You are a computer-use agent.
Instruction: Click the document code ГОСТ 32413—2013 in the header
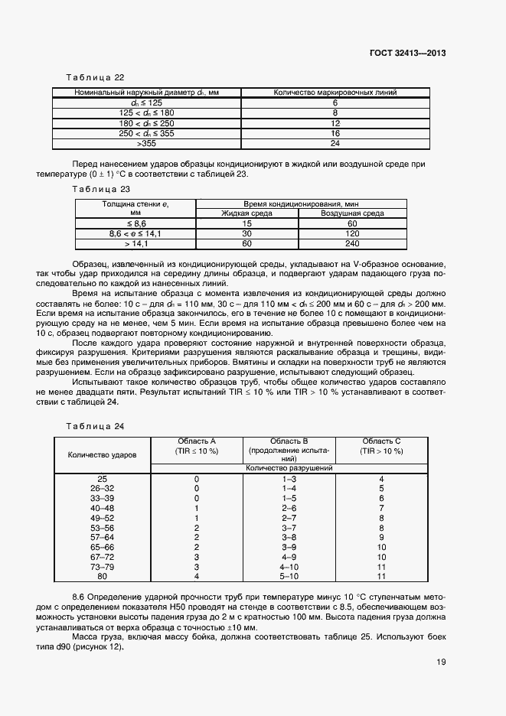(x=408, y=53)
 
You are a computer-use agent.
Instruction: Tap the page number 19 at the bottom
(x=441, y=662)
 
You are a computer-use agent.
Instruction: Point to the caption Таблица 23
(x=100, y=188)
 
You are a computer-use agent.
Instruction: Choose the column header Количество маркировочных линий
(x=335, y=93)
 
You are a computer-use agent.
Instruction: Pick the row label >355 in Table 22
(x=145, y=143)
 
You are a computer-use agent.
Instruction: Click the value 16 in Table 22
(x=335, y=133)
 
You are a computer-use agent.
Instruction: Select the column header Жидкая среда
(x=247, y=213)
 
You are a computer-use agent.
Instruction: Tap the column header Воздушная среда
(x=353, y=213)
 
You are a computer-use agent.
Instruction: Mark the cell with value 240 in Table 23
(x=353, y=244)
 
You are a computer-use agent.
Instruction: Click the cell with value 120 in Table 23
(x=353, y=233)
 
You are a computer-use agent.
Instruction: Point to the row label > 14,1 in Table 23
(x=135, y=244)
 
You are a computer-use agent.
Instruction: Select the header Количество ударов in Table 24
(x=103, y=454)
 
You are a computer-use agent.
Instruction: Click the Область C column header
(x=382, y=446)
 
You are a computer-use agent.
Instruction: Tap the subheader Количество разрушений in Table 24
(x=289, y=467)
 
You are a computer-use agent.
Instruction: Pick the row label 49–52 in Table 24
(x=103, y=518)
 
